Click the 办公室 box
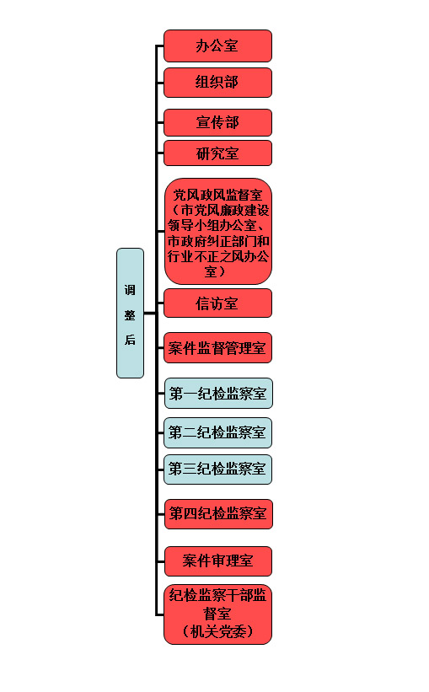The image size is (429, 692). pyautogui.click(x=217, y=46)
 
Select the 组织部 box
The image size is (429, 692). pyautogui.click(x=217, y=83)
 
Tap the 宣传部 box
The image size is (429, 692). pyautogui.click(x=217, y=122)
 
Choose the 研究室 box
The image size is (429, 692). pyautogui.click(x=217, y=153)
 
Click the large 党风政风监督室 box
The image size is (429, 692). pyautogui.click(x=218, y=231)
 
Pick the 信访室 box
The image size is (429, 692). pyautogui.click(x=217, y=303)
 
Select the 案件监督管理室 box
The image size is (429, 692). pyautogui.click(x=217, y=348)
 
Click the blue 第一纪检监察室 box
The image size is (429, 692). pyautogui.click(x=218, y=394)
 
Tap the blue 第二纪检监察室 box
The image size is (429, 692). pyautogui.click(x=217, y=432)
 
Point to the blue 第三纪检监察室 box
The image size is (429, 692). pyautogui.click(x=217, y=469)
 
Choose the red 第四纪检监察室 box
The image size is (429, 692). pyautogui.click(x=218, y=513)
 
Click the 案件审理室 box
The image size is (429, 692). pyautogui.click(x=218, y=561)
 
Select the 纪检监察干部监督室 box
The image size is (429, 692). pyautogui.click(x=217, y=614)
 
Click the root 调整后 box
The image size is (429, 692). pyautogui.click(x=130, y=313)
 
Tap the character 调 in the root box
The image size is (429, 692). pyautogui.click(x=130, y=290)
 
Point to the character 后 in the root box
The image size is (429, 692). pyautogui.click(x=130, y=340)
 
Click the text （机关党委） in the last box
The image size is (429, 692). pyautogui.click(x=217, y=631)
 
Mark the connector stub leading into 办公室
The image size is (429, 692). pyautogui.click(x=160, y=46)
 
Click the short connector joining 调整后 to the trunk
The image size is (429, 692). pyautogui.click(x=150, y=314)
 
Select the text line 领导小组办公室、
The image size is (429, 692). pyautogui.click(x=217, y=226)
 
